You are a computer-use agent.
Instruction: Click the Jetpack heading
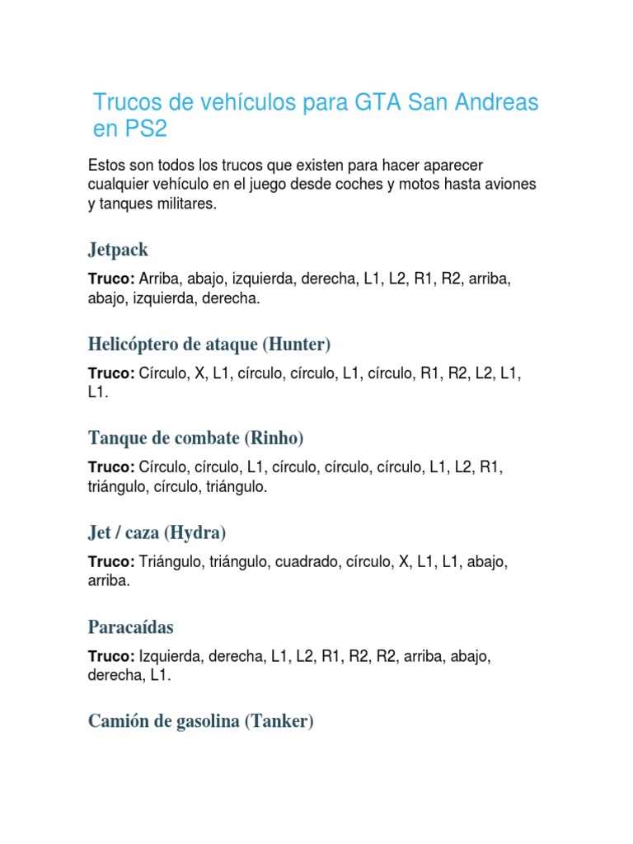point(118,249)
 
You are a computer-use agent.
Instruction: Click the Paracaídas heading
point(131,626)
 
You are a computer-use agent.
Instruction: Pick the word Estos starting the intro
point(106,166)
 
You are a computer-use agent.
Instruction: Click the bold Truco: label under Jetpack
point(111,279)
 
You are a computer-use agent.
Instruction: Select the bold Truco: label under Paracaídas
point(111,657)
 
